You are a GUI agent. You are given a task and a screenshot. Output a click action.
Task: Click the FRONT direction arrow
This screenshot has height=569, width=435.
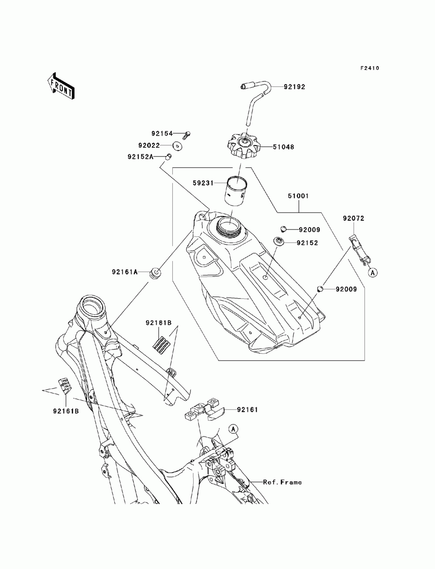61,86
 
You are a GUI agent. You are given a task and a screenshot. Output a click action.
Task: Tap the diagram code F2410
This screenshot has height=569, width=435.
369,68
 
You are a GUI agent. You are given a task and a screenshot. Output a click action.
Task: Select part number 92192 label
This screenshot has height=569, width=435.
294,87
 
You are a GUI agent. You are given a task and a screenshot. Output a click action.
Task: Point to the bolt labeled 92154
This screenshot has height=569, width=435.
187,135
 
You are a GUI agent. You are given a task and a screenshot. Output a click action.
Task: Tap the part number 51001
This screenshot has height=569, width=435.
298,196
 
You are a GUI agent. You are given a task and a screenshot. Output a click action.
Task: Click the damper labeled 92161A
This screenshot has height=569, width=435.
155,274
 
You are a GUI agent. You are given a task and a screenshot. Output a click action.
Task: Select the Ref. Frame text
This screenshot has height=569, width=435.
282,482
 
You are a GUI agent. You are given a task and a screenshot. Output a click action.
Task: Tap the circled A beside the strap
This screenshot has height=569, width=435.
373,273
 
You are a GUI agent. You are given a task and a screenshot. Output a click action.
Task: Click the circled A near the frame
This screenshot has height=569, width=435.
233,429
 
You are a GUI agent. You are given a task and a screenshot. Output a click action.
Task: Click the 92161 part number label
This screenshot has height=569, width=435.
247,410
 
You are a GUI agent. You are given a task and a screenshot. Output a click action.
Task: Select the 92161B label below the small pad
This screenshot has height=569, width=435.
66,411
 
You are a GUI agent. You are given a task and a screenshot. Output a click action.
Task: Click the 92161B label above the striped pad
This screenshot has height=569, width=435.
158,323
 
